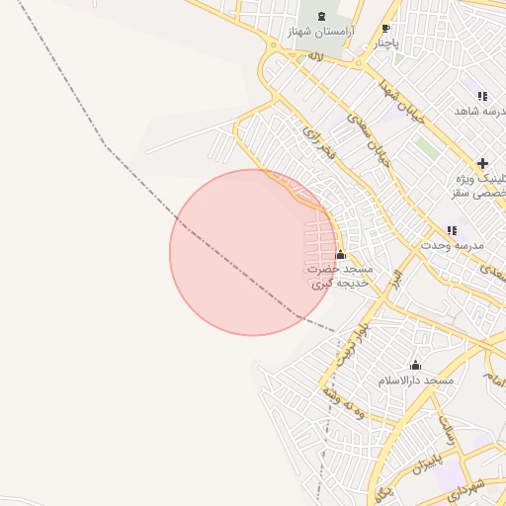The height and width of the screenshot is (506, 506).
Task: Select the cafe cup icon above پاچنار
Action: click(x=385, y=28)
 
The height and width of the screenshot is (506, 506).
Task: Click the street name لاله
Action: click(x=316, y=56)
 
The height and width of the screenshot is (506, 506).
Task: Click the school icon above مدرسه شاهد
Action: click(x=482, y=96)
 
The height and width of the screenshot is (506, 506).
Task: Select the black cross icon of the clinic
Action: click(x=482, y=163)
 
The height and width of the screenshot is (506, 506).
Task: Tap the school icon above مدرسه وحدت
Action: click(x=452, y=230)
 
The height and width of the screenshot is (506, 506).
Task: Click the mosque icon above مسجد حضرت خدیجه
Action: click(x=341, y=255)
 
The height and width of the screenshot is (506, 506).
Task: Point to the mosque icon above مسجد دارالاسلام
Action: click(x=415, y=365)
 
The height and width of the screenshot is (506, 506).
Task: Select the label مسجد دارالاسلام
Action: click(x=415, y=379)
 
